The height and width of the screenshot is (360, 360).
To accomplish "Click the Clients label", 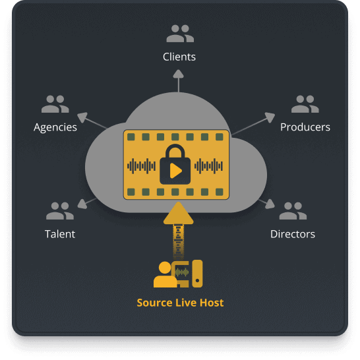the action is (x=179, y=57).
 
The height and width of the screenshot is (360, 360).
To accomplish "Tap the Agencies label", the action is (x=55, y=127).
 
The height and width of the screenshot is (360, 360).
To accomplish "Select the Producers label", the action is (x=305, y=127).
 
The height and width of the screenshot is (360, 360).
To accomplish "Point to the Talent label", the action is (x=60, y=234).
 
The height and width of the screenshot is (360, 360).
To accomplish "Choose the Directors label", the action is (x=293, y=234).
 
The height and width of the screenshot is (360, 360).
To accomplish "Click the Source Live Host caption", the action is (x=180, y=303).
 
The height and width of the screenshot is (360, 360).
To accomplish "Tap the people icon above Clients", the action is (x=180, y=34).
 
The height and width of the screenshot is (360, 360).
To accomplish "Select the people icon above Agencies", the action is (x=55, y=104).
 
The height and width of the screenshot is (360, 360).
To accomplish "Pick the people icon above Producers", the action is (x=305, y=104).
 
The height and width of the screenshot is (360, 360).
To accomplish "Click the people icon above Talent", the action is (x=60, y=211).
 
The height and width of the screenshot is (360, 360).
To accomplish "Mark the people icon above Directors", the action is (x=293, y=211).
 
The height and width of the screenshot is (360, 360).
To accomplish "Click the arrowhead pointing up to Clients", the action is (x=179, y=75).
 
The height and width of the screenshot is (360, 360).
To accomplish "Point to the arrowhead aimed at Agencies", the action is (x=83, y=117).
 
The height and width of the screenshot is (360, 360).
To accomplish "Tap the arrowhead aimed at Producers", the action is (x=270, y=117).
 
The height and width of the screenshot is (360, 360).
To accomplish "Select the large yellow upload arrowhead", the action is (x=179, y=213).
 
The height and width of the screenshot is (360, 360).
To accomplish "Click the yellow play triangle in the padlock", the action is (x=175, y=171).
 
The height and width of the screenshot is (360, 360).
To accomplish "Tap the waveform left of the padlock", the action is (x=141, y=166).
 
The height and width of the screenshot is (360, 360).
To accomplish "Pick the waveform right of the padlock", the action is (x=209, y=166).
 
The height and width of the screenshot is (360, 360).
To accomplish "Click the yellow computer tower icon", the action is (x=197, y=274).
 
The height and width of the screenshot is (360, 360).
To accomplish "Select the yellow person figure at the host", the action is (x=165, y=276).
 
